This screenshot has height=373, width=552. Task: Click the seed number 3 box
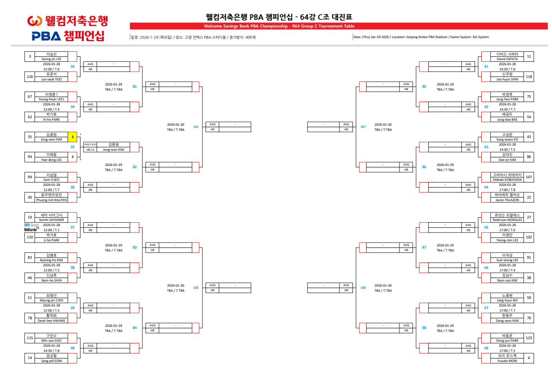point(30,56)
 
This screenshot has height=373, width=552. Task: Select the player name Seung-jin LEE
point(51,59)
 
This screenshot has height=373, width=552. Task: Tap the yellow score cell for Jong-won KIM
point(72,137)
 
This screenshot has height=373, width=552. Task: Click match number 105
point(195,127)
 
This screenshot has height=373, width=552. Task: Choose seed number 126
point(30,77)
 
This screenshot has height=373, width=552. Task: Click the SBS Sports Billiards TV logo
point(31,227)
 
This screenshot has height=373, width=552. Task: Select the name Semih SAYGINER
point(51,220)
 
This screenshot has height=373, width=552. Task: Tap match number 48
point(486,348)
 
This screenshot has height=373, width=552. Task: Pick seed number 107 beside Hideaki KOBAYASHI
point(529,177)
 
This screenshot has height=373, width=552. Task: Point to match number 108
point(363,287)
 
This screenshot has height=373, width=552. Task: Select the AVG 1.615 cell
point(90,144)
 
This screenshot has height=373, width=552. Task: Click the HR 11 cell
point(90,149)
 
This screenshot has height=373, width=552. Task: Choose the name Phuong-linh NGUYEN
point(51,200)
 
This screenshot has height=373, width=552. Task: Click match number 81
point(135,86)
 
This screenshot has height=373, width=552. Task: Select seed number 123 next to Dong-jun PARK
point(529,337)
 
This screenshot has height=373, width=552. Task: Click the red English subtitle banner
point(279,26)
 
